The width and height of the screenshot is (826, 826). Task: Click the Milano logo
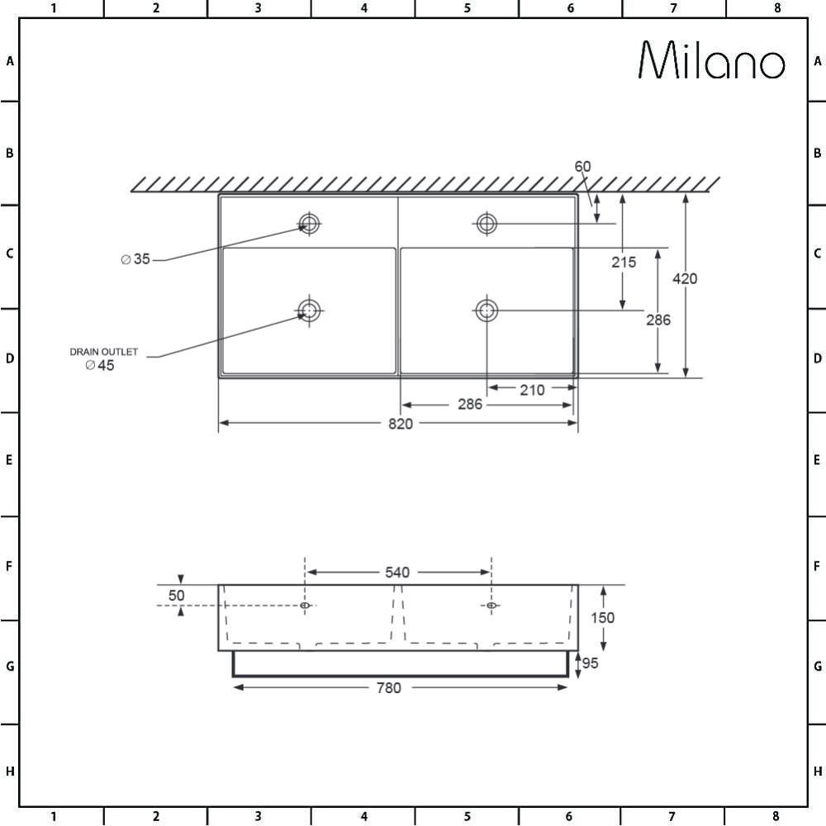[711, 60]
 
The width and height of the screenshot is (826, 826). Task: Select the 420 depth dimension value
[685, 279]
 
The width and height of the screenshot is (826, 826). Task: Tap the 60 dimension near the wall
[582, 166]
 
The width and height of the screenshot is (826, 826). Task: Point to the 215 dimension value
[624, 262]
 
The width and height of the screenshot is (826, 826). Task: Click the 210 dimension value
[533, 390]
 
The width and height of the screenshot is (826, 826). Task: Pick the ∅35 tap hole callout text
[135, 259]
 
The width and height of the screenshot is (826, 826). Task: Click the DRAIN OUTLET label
[103, 352]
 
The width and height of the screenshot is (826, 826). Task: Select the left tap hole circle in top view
[310, 222]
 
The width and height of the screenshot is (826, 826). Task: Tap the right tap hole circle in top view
[487, 222]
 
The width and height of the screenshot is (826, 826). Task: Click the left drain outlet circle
[310, 310]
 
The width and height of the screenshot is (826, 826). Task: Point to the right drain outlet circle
[487, 310]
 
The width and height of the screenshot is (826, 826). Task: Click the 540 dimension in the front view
[397, 572]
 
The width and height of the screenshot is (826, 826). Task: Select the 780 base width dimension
[388, 688]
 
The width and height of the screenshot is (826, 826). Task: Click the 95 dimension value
[591, 663]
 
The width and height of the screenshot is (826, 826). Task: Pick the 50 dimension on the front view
[176, 595]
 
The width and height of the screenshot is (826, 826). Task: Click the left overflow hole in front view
[306, 605]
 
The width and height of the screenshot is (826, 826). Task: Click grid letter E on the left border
[9, 460]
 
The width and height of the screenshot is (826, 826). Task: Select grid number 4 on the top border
[363, 8]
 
